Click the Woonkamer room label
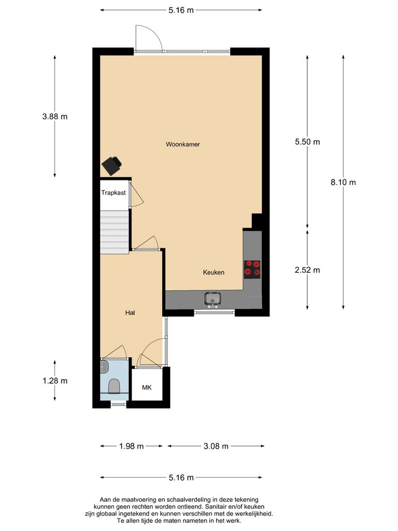coord(182,144)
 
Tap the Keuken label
coord(214,272)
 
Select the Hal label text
coord(130,313)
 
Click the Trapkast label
coord(113,192)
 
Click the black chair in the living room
coord(112,165)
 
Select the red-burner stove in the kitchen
coord(253,269)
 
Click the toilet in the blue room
coord(114,385)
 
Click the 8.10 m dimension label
coord(343,182)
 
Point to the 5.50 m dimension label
coord(307,142)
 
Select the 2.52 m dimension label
coord(307,270)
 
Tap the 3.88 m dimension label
coord(55,117)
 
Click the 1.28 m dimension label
coord(55,381)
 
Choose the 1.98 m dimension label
coord(131,446)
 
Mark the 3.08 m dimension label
coord(215,446)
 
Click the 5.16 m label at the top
coord(181,10)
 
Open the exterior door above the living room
coord(148,37)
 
